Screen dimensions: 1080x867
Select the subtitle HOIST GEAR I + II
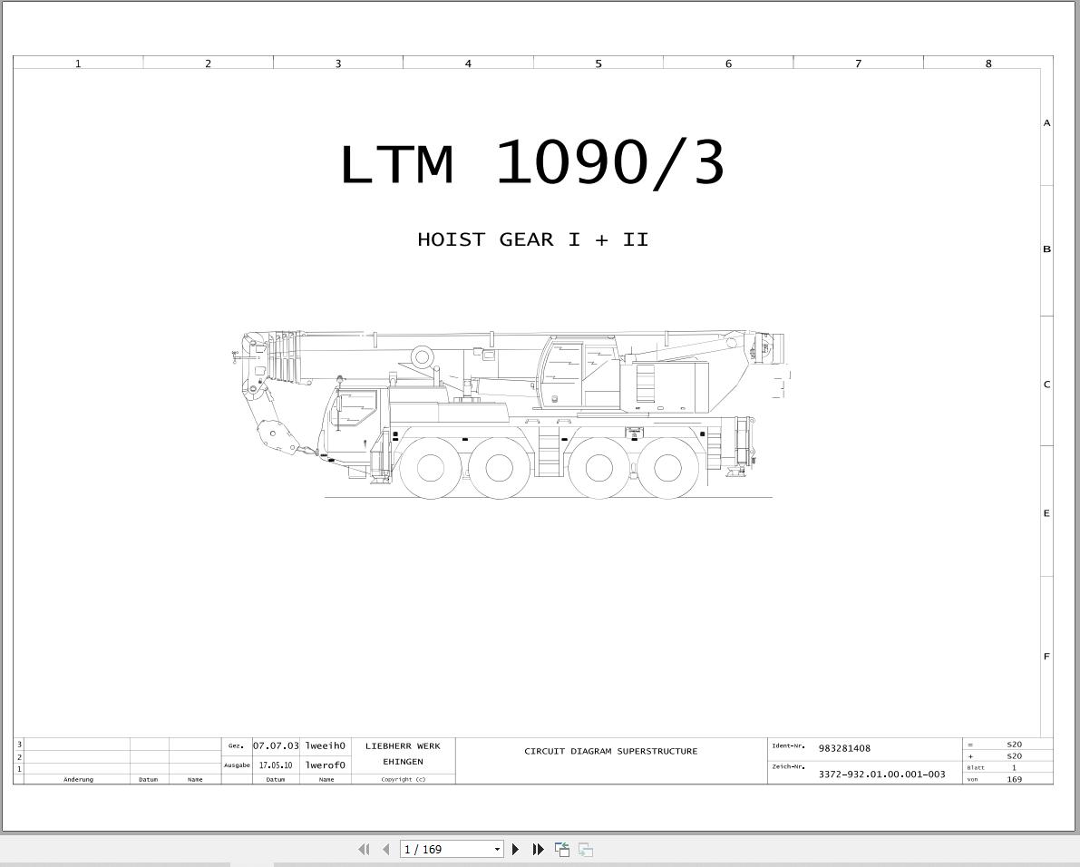(532, 239)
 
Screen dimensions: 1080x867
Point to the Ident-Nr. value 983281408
(844, 748)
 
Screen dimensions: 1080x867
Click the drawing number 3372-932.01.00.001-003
(881, 774)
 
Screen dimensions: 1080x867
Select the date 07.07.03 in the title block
(276, 745)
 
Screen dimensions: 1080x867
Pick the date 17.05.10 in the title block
(276, 765)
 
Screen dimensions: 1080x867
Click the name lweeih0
(326, 745)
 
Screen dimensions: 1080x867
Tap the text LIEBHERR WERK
(403, 745)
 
